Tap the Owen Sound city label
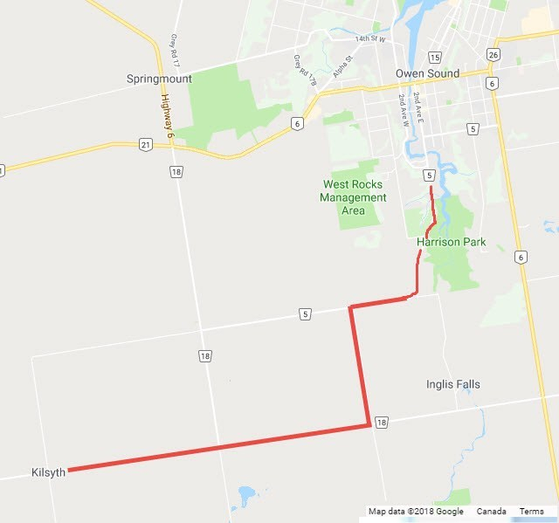[426, 73]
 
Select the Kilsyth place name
[47, 471]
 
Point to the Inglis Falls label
[452, 384]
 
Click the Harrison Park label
[451, 241]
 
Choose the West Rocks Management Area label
[354, 197]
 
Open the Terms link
[531, 512]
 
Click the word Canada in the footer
[492, 512]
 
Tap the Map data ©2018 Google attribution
[415, 512]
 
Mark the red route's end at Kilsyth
[69, 470]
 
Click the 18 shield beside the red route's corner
[381, 423]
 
